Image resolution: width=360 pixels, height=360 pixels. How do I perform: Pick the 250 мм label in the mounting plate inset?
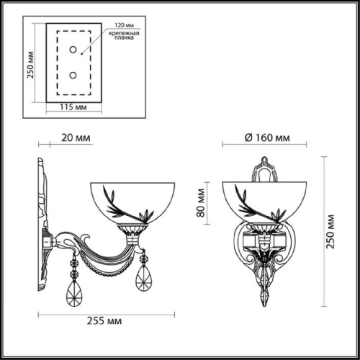30,71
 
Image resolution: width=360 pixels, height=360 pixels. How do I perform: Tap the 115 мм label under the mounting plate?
71,109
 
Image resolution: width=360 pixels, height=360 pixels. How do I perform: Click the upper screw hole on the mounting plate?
73,48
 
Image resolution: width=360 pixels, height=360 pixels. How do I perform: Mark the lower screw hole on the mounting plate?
73,75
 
